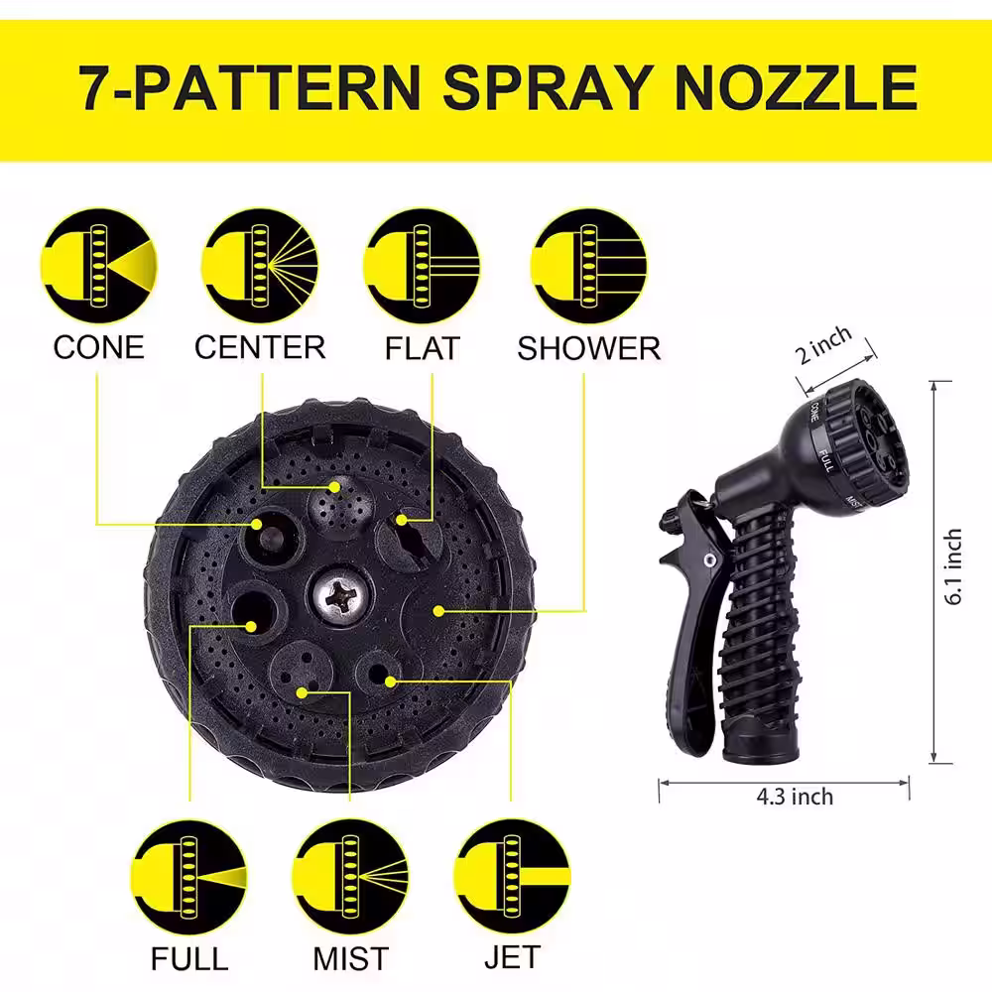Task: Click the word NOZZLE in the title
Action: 796,87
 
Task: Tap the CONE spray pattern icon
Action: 98,266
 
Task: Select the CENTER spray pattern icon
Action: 260,266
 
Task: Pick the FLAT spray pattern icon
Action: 422,266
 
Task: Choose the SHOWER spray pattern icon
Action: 589,266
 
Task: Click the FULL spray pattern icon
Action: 189,877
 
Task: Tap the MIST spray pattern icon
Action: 350,877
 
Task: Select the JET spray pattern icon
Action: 513,877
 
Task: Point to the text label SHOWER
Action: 589,348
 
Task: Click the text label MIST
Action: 350,959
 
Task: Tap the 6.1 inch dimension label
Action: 953,566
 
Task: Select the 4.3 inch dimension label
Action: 796,797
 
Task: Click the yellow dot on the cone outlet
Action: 256,524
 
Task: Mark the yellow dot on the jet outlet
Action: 390,682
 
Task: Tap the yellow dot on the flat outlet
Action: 401,520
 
